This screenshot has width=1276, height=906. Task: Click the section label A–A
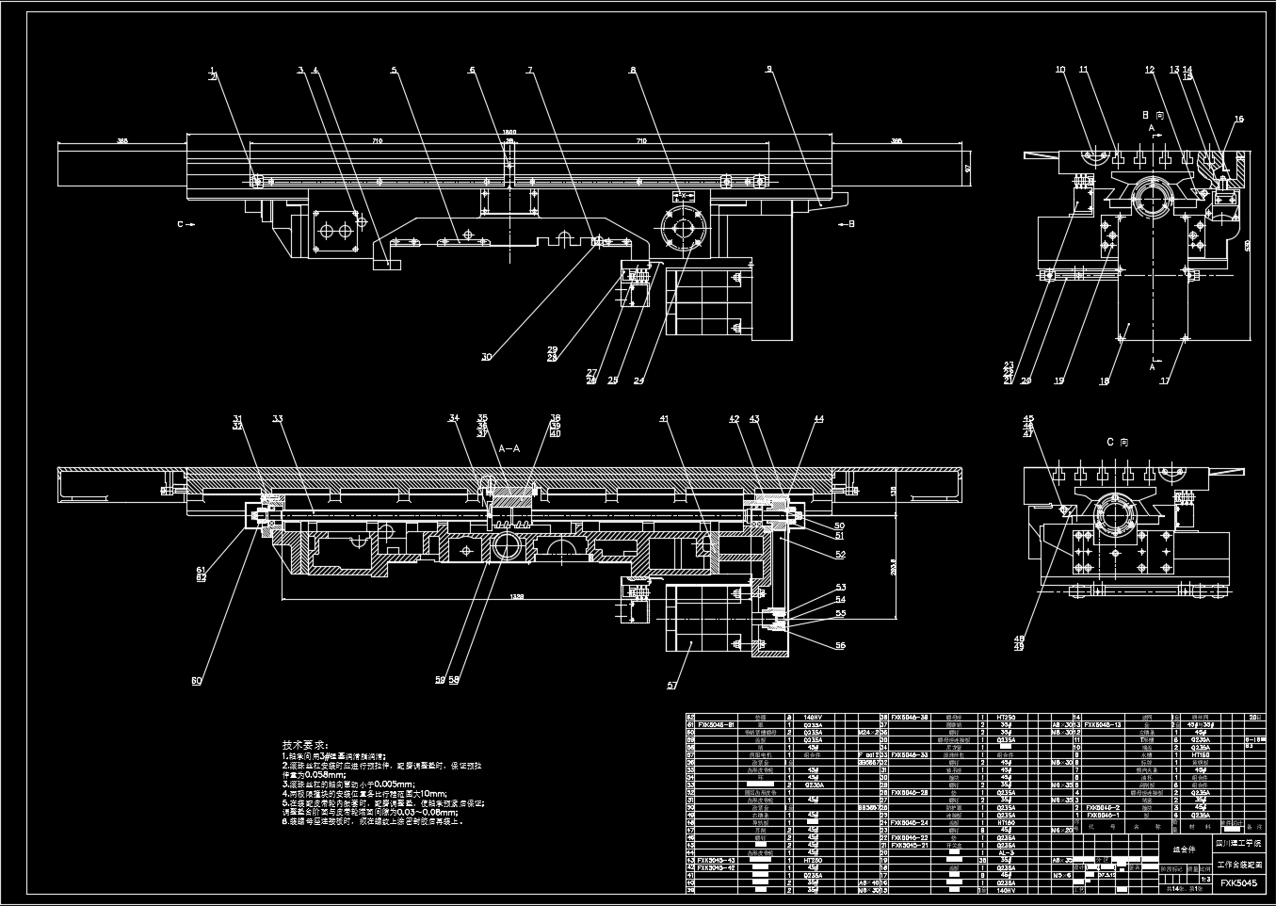pos(509,448)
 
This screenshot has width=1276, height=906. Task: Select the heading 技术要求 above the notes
pos(306,745)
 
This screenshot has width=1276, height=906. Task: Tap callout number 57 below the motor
pos(672,686)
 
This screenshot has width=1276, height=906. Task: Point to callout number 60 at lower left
pos(197,681)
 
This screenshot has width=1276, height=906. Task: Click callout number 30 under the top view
pos(487,357)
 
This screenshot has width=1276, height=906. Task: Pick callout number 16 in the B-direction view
pos(1239,120)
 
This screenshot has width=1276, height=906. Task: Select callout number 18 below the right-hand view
pos(1105,381)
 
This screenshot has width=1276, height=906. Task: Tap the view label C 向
pos(1117,442)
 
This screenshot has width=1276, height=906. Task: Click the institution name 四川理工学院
pos(1238,847)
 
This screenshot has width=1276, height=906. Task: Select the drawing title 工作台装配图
pos(1238,864)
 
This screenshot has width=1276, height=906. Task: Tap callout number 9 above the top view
pos(769,69)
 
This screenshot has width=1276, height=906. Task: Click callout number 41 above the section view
pos(664,418)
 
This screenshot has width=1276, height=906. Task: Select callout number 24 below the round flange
pos(638,381)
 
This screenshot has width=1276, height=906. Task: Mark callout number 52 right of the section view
pos(840,555)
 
